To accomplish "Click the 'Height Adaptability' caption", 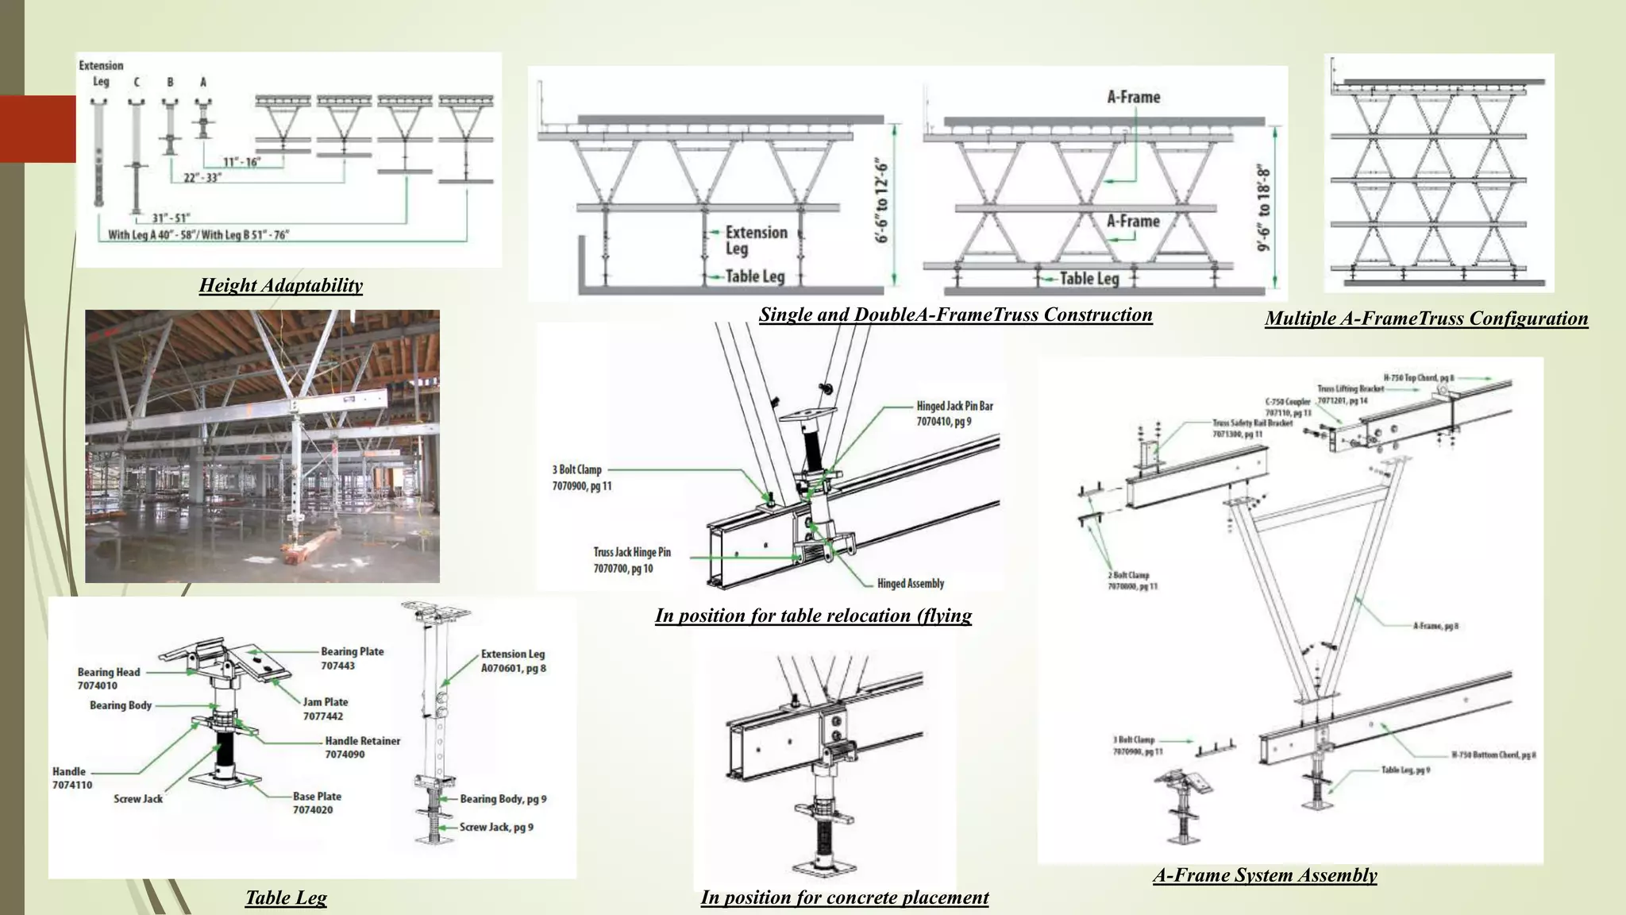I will click(280, 285).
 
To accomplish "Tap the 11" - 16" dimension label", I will click(241, 162).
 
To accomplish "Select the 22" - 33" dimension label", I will click(202, 177).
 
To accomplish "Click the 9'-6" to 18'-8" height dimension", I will click(1263, 208).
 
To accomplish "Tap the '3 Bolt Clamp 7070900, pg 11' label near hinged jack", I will click(581, 477).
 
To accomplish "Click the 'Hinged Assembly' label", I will click(910, 584).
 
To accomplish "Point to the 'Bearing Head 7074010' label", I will click(109, 678).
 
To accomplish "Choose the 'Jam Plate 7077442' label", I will click(325, 708).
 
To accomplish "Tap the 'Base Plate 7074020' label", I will click(316, 802).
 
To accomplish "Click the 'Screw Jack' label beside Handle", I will click(137, 799).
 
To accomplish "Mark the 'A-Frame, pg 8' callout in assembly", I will click(1435, 626).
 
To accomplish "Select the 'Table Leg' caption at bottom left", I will click(286, 898).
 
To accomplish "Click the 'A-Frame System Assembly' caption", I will click(1265, 875).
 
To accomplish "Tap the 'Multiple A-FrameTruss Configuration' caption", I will click(1426, 319).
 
